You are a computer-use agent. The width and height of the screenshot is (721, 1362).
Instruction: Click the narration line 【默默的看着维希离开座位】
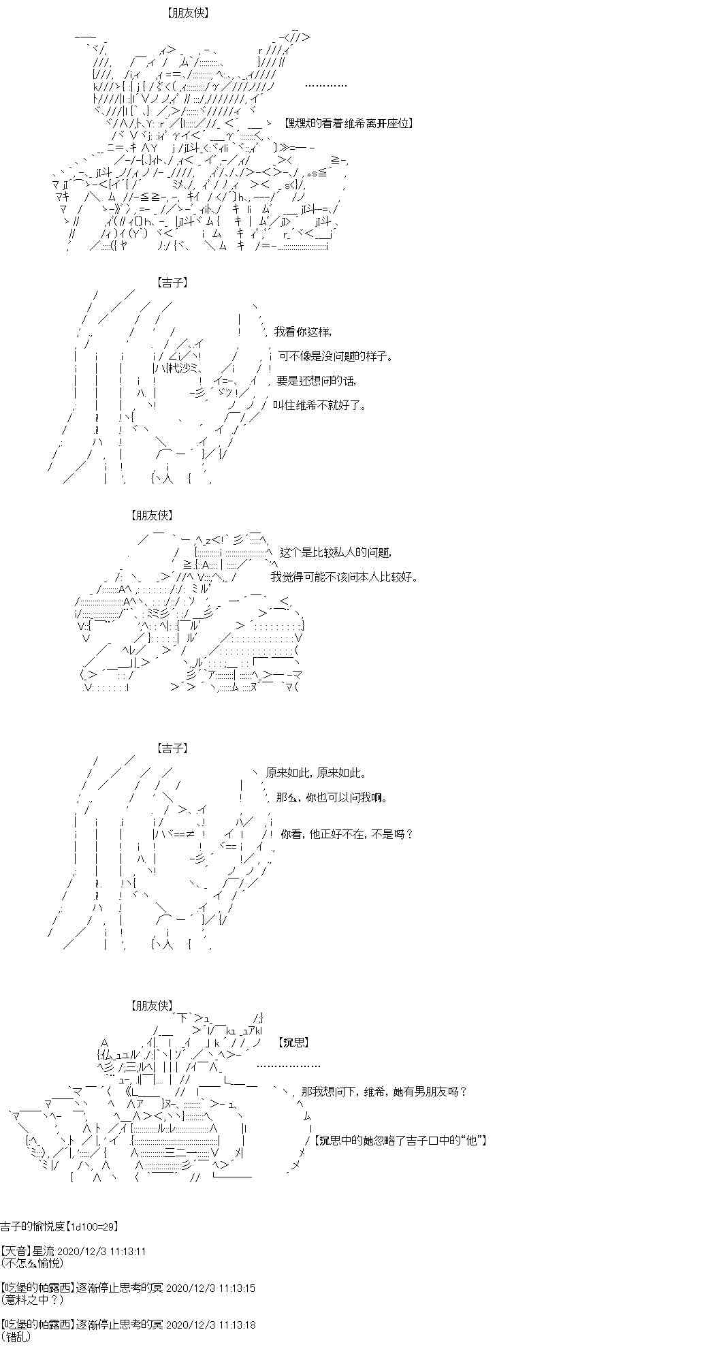click(349, 123)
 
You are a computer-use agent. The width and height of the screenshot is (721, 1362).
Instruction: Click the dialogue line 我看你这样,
click(303, 332)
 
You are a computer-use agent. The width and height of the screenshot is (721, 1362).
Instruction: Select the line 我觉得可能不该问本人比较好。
click(345, 577)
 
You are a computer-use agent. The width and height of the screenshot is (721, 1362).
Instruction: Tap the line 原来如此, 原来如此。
click(317, 773)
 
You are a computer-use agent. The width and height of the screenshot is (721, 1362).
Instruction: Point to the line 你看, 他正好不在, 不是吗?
click(347, 834)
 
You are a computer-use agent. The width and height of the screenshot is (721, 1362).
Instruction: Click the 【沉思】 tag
click(294, 1043)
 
